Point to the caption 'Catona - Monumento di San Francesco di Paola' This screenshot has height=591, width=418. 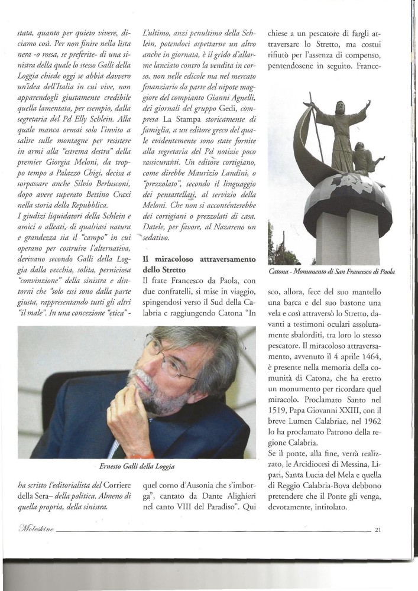pos(331,271)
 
